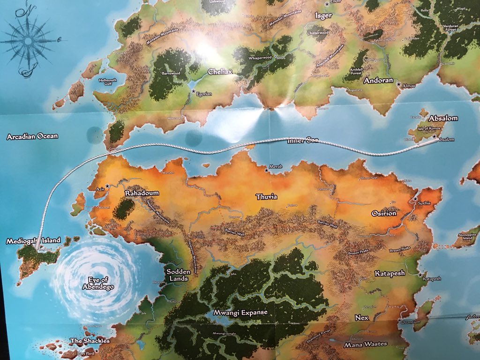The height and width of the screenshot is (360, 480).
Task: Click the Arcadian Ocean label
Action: point(32,136)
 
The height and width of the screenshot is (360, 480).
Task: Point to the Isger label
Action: point(323,15)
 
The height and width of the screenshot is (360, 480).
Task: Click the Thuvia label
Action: point(266,197)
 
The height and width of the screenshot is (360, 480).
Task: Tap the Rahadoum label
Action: point(142,193)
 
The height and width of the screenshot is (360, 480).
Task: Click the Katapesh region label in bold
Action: point(389,273)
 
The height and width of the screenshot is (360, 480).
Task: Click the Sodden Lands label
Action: point(178,275)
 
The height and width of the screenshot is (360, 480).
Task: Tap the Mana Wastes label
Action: point(366,345)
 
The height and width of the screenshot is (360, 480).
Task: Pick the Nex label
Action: point(362,318)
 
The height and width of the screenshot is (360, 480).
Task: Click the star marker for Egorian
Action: point(193,90)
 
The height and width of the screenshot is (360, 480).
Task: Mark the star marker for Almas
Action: point(399,84)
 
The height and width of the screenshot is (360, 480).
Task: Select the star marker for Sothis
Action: point(415,199)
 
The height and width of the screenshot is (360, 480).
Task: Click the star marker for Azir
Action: point(107,186)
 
